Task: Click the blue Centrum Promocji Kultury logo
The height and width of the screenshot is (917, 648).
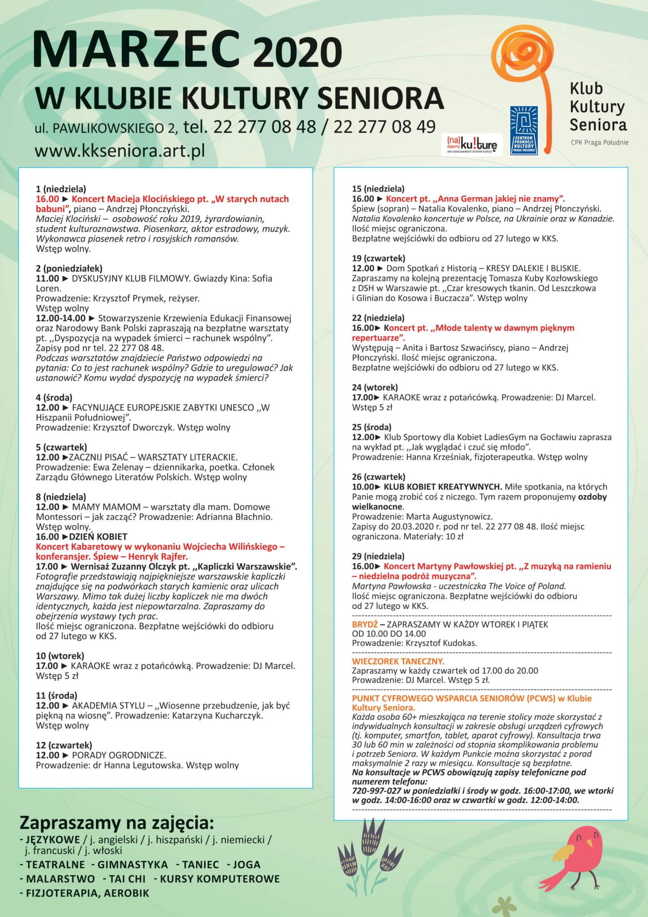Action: [524, 131]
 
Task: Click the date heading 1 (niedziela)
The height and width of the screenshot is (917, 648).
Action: [61, 189]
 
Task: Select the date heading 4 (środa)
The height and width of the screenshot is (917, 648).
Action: [54, 397]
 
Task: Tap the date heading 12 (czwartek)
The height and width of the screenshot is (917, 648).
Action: [64, 745]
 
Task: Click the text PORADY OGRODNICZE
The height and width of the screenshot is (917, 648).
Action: [119, 755]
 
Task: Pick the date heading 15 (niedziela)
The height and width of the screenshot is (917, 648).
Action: [378, 189]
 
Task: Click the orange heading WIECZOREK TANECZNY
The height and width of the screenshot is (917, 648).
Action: [398, 661]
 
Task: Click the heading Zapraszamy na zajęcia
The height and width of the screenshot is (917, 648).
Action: [116, 823]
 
